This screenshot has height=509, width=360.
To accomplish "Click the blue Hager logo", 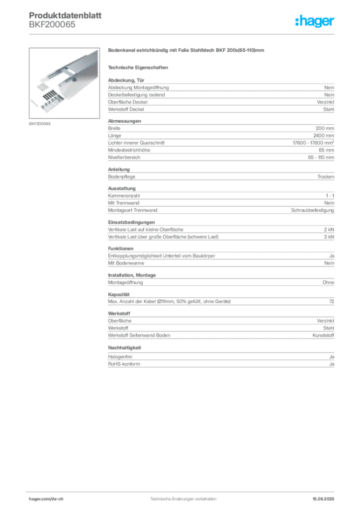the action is tap(316, 22).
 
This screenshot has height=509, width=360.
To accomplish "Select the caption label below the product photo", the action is tap(39, 123).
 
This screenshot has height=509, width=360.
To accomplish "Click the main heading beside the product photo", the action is tap(187, 51).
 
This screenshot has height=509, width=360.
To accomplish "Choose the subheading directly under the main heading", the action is tap(140, 67).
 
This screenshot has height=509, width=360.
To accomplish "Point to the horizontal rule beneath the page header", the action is tap(199, 33).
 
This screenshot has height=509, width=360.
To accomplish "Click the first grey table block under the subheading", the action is tap(220, 97).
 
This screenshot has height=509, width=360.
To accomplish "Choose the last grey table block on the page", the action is tap(220, 362).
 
